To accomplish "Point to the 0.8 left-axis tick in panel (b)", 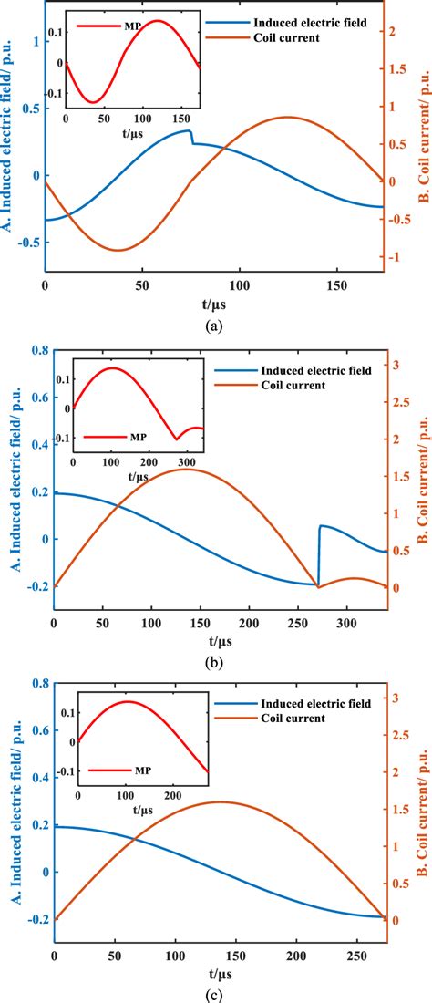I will [x=37, y=350].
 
